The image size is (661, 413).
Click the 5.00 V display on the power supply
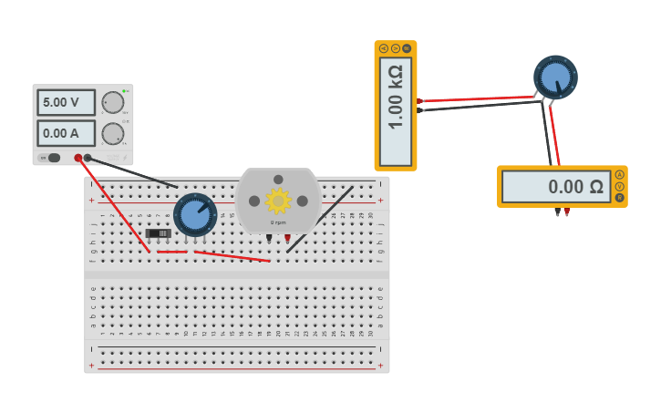click(66, 102)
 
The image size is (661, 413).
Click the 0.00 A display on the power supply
click(66, 133)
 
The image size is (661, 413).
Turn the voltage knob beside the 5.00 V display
click(112, 102)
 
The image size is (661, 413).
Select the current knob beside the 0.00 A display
click(112, 134)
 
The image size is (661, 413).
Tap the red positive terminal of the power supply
click(78, 158)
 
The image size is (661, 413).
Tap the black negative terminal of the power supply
click(88, 158)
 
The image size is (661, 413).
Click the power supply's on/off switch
click(53, 158)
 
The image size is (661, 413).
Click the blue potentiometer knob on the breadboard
click(194, 214)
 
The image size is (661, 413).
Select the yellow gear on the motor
click(277, 201)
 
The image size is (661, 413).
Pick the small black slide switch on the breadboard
click(159, 233)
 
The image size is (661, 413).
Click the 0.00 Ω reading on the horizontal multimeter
click(556, 187)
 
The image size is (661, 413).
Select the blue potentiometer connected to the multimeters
click(555, 77)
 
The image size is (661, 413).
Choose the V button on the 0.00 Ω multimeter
click(620, 186)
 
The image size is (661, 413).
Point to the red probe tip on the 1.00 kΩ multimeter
click(419, 100)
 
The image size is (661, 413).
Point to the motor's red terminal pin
click(287, 239)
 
